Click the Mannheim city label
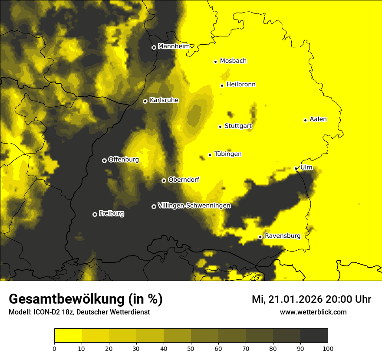point(174,46)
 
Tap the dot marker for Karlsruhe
point(145,101)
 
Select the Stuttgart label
point(238,126)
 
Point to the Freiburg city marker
point(95,214)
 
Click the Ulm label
point(306,167)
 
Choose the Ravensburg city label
point(282,236)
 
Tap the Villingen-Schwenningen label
point(194,206)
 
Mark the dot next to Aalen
point(305,120)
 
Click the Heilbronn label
point(241,85)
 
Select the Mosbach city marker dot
point(215,62)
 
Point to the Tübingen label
point(228,154)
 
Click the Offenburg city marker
point(104,160)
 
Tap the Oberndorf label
point(184,180)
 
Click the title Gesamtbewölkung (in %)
point(86,299)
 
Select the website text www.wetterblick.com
point(313,312)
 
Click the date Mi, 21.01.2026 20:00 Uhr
point(311,299)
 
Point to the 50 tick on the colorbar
point(191,348)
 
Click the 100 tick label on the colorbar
point(328,348)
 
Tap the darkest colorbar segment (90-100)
point(314,336)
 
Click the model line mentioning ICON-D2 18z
point(79,312)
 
